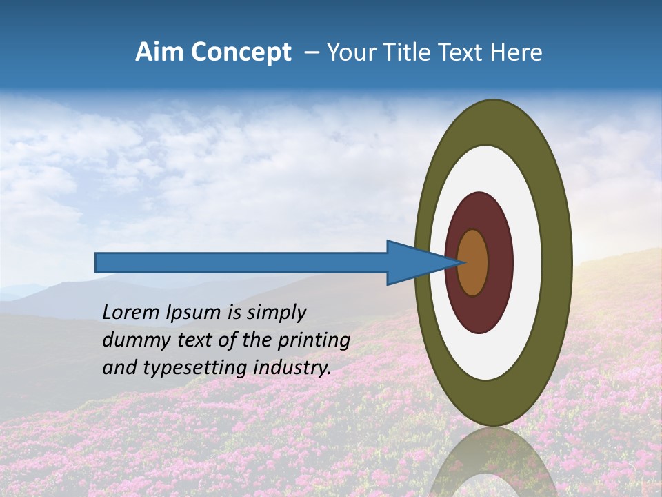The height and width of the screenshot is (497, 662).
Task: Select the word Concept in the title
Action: coord(240,52)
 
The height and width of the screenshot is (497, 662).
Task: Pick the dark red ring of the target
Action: coord(500,262)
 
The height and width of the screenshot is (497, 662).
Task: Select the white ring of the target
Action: coord(527,262)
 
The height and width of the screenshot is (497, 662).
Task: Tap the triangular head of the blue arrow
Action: coord(414,262)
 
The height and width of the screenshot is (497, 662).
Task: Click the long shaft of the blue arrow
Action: coord(241,262)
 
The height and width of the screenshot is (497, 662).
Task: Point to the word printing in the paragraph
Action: coord(317,341)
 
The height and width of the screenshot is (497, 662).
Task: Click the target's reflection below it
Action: coord(494,466)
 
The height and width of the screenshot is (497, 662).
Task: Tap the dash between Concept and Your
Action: coord(312,52)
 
